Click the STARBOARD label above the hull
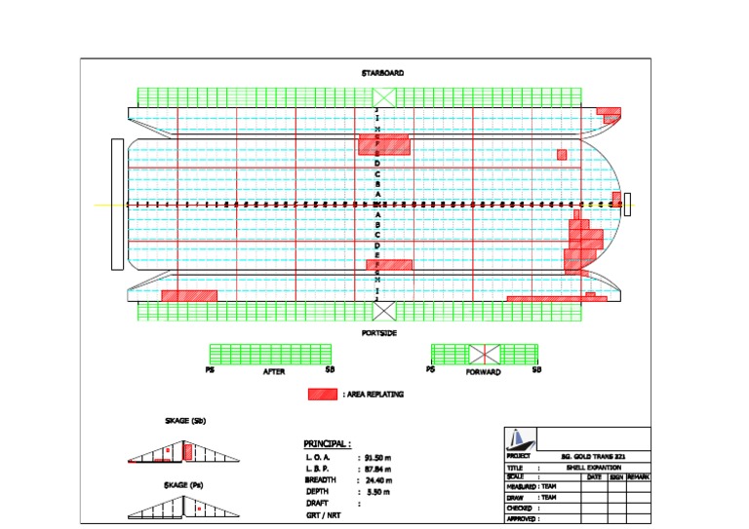pos(382,73)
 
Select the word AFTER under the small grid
pos(274,372)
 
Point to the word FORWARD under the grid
pos(483,372)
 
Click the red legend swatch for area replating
pos(322,394)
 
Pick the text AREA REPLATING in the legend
pos(374,395)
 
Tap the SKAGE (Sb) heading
pos(184,421)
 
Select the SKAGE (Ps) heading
pos(184,484)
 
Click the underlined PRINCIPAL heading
pos(327,443)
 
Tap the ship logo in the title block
pos(519,439)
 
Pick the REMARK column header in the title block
pos(638,476)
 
